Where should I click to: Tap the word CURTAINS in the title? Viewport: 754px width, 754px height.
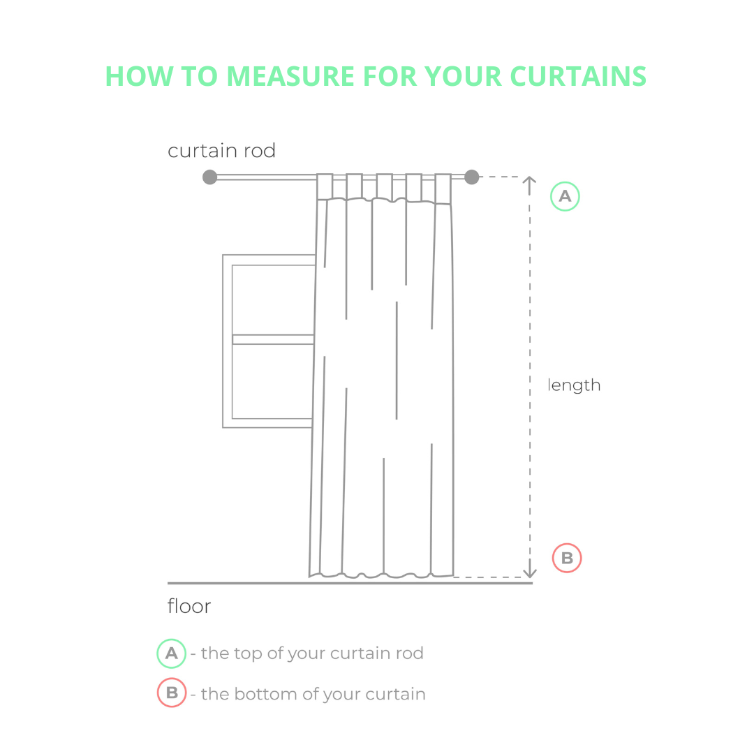pos(578,76)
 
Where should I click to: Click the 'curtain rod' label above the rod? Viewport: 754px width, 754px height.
pos(222,151)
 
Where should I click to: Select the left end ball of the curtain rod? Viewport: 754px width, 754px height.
pos(209,177)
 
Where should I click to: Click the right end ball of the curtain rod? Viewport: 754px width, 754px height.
pos(472,177)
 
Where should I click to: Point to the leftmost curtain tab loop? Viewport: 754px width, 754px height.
pos(325,186)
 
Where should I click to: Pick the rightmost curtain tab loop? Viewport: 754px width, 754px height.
pos(443,188)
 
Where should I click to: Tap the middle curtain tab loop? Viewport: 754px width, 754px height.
pos(384,186)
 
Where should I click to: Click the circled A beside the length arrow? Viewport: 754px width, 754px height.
pos(565,196)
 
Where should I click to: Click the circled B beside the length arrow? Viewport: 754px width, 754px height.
pos(567,558)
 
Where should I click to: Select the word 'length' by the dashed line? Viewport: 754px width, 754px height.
pos(574,385)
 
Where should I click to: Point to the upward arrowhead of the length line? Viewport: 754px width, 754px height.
pos(529,182)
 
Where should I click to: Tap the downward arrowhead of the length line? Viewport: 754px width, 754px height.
pos(529,572)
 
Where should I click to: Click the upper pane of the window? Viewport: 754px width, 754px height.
pos(273,300)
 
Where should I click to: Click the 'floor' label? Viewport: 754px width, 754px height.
pos(189,606)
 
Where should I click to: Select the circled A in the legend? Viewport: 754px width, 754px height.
pos(172,653)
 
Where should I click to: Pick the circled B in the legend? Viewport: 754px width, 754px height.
pos(172,693)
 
